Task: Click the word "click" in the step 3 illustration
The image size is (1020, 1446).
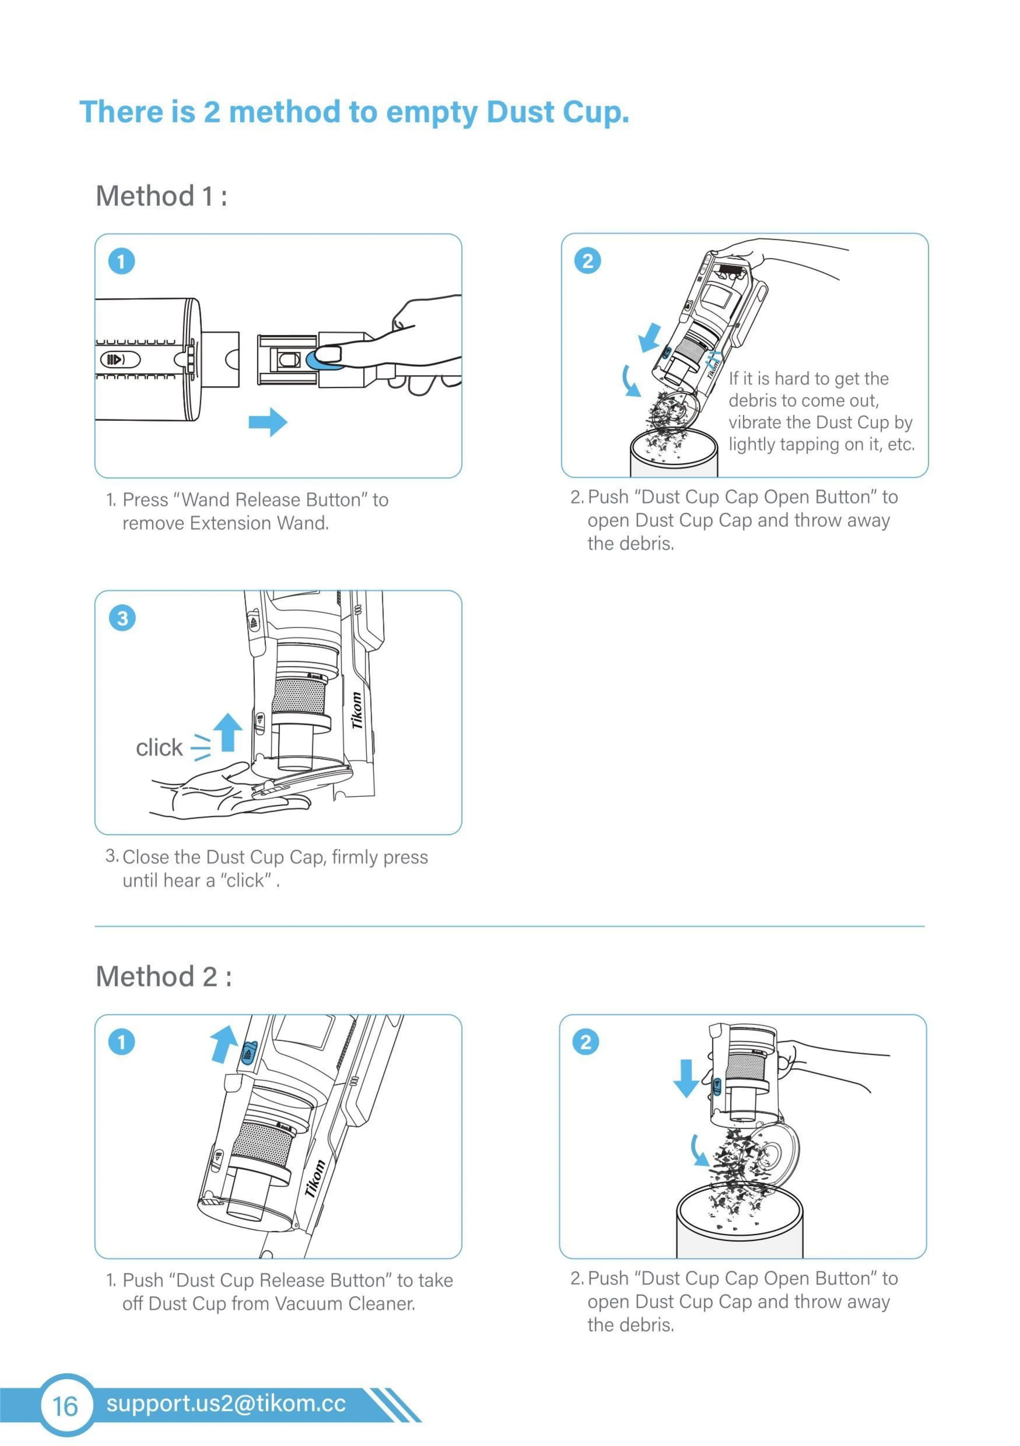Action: tap(159, 747)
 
